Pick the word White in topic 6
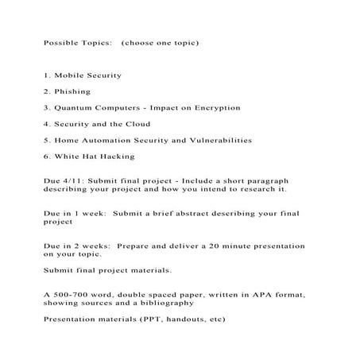(67, 156)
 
